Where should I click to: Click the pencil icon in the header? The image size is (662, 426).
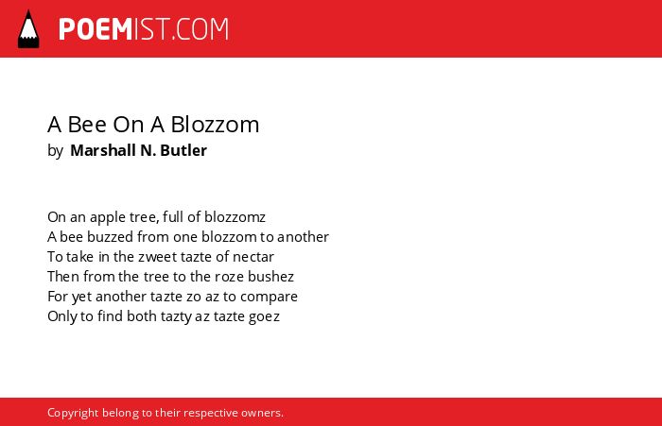coord(28,29)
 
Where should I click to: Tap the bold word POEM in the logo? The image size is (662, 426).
coord(96,29)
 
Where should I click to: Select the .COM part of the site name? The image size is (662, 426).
coord(200,29)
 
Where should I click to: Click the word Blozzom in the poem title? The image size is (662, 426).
coord(215,125)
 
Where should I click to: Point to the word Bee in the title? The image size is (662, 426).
coord(87,125)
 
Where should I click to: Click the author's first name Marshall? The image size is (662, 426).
coord(103,150)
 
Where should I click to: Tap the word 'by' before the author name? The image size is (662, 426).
coord(55,151)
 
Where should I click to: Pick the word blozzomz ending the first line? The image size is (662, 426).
coord(235,217)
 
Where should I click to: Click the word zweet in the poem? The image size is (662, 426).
coord(153,256)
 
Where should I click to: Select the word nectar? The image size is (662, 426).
coord(253,256)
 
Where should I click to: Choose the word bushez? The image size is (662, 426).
coord(270,276)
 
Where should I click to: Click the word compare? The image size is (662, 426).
coord(269,297)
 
